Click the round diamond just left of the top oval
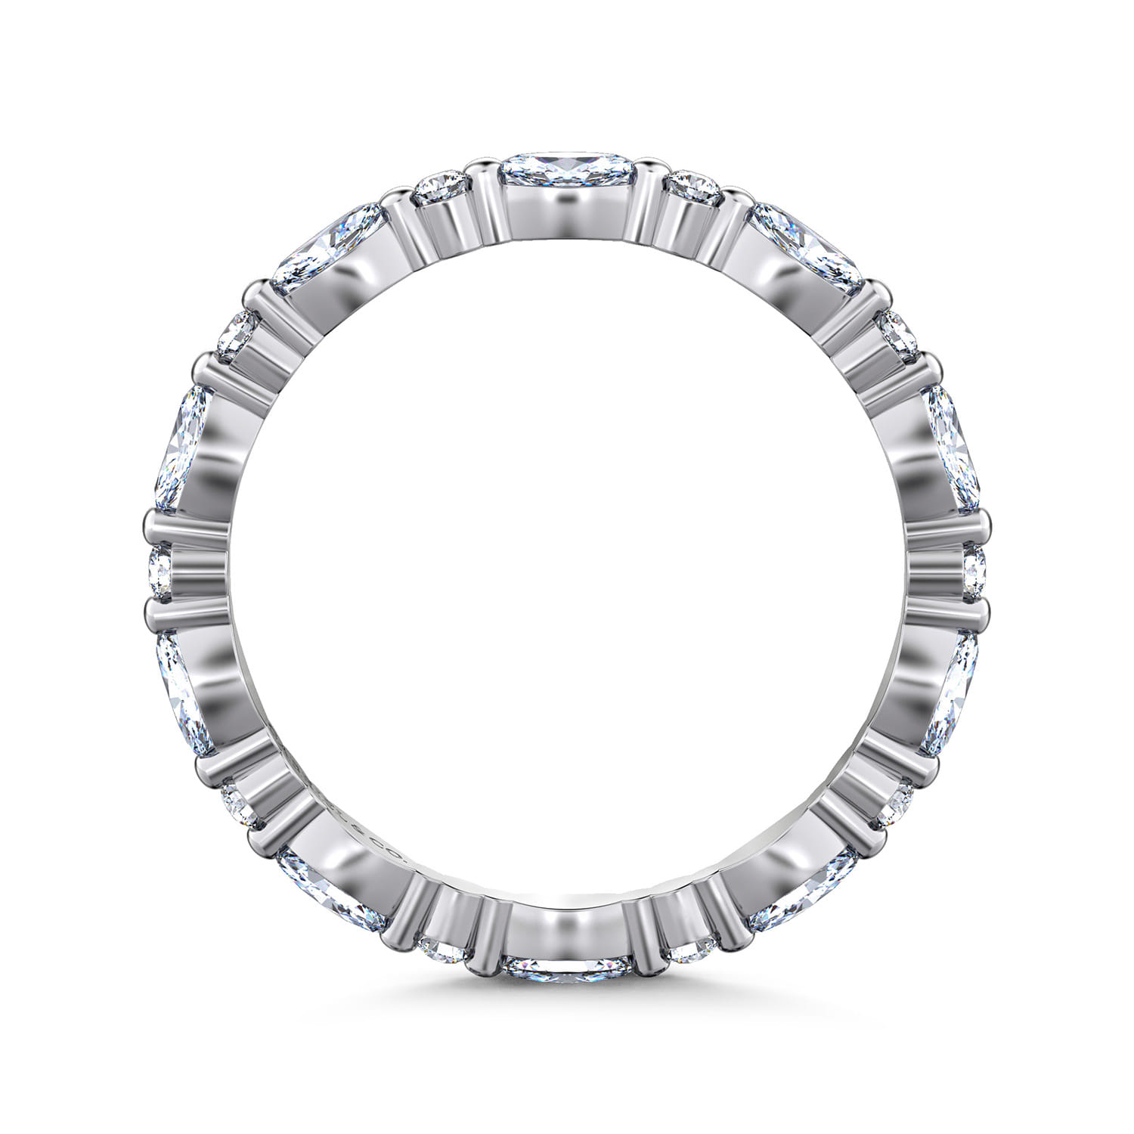click(442, 186)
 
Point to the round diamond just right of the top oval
click(694, 186)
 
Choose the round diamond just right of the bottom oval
click(692, 950)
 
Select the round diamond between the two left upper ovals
click(237, 333)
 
